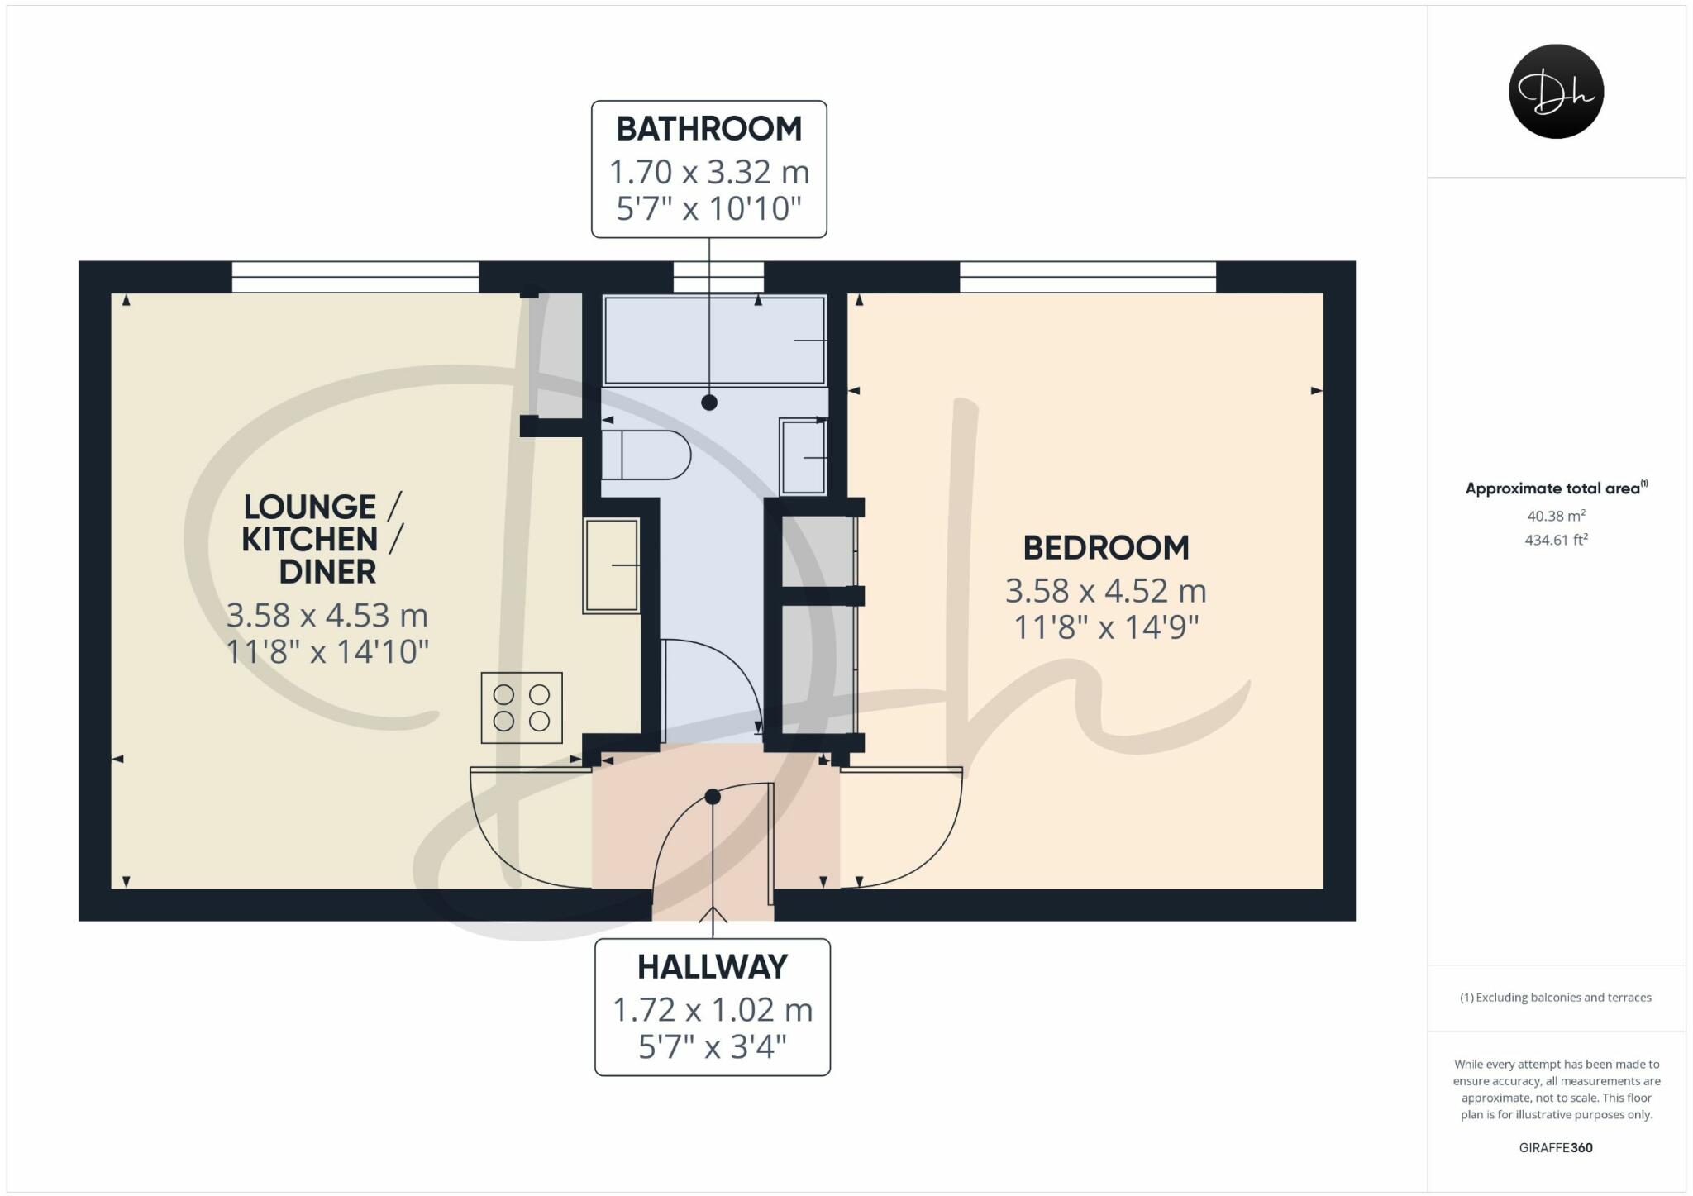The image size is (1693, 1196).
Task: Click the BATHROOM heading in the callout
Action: point(708,129)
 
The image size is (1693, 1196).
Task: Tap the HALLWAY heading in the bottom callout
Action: point(712,966)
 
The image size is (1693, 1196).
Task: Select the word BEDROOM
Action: point(1105,547)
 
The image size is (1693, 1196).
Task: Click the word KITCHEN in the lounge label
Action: point(309,539)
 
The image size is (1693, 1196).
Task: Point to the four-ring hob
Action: point(522,708)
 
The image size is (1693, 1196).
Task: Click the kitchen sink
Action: point(612,565)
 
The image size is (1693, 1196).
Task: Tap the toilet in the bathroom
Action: point(646,455)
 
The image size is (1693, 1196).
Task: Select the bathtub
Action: point(714,340)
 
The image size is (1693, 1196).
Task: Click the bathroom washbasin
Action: point(804,457)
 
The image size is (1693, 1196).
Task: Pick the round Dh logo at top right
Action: point(1556,91)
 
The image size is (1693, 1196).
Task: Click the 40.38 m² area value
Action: point(1556,516)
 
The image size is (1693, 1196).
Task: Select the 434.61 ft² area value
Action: point(1556,540)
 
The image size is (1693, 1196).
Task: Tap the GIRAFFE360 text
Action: point(1555,1147)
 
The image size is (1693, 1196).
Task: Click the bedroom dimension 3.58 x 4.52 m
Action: point(1105,591)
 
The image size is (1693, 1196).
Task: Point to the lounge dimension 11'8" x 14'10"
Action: point(327,652)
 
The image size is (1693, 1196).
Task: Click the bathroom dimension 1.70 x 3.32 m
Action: point(708,173)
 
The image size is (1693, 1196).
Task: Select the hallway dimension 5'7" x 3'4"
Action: point(712,1047)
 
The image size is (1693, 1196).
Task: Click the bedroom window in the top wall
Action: point(1087,277)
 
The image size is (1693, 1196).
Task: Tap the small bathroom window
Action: point(718,277)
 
